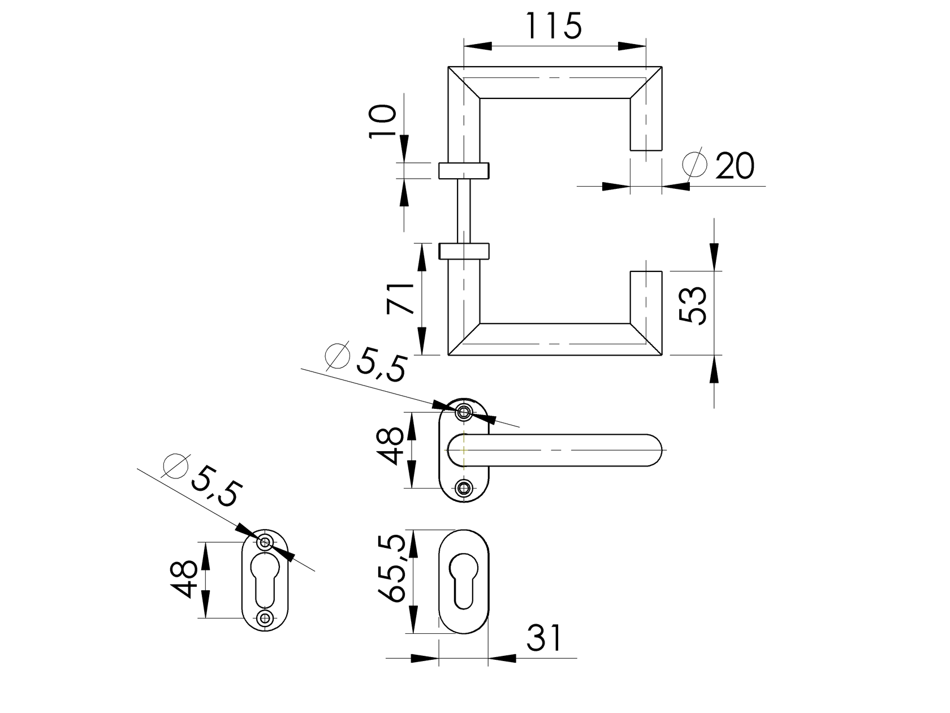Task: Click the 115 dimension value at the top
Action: coord(553,26)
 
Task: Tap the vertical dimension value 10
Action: coord(383,120)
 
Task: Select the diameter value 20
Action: coord(735,166)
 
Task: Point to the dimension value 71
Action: coord(401,299)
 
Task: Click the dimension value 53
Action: coord(693,305)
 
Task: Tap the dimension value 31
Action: coord(545,638)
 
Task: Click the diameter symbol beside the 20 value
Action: coord(694,164)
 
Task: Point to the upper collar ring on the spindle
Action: coord(464,170)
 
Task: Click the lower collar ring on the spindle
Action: coord(464,251)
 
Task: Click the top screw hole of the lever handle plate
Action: coord(464,412)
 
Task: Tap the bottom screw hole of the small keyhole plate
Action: coord(265,618)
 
